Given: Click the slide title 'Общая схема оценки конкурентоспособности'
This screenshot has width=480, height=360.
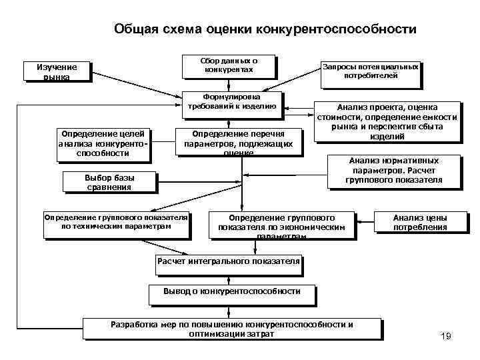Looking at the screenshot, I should point(265,29).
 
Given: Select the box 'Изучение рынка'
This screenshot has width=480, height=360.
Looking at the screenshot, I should point(57,71).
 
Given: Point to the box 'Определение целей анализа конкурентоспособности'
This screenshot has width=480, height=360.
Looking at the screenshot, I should point(102,143).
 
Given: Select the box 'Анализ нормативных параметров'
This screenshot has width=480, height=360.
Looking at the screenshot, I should point(394,170).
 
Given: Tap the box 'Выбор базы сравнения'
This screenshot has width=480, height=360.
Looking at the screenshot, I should point(108,182).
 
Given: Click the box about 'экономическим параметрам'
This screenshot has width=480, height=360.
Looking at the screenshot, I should point(281,226).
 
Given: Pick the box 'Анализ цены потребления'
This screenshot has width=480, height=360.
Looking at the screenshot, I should point(419,222).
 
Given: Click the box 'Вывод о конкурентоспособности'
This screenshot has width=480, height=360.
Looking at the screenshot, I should point(231,291).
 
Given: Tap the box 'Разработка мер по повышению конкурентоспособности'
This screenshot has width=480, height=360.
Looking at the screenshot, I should point(231,329).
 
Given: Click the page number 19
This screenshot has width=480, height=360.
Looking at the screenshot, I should point(446,337).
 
